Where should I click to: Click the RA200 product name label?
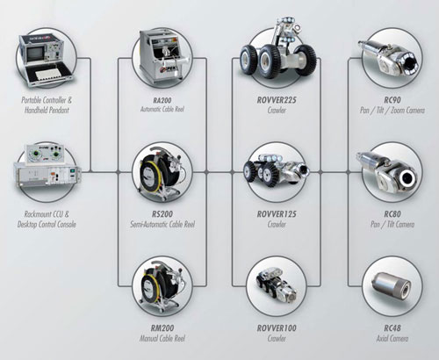click(162, 100)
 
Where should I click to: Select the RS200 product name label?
click(162, 214)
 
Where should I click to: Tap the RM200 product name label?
click(162, 328)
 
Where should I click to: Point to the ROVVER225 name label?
click(277, 100)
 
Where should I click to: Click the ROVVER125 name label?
click(277, 214)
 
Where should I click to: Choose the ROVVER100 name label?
click(277, 328)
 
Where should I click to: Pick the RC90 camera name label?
click(392, 100)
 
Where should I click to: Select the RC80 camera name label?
click(392, 214)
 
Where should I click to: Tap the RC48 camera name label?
click(392, 328)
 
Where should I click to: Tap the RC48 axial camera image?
click(392, 286)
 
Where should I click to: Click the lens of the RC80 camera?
click(407, 177)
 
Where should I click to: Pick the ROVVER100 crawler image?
click(277, 285)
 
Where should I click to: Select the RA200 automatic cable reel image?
click(162, 54)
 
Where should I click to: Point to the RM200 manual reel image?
click(162, 286)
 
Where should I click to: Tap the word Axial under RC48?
click(383, 339)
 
